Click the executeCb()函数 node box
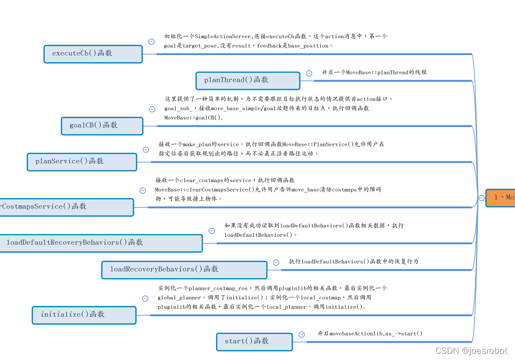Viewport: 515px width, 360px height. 93,54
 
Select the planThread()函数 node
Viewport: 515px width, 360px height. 248,80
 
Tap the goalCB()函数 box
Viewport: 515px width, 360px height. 102,126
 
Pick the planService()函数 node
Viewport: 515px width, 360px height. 82,161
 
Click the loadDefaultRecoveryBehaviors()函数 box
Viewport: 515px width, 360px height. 100,243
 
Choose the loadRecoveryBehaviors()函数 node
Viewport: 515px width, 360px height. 184,270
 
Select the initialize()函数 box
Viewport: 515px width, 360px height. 84,315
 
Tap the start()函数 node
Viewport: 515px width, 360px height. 254,342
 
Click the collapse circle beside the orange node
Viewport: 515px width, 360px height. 482,198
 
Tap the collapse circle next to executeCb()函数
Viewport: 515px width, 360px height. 151,41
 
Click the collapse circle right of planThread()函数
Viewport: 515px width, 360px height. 309,73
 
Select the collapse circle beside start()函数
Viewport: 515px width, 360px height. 302,335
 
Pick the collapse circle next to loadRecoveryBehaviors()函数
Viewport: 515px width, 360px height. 276,263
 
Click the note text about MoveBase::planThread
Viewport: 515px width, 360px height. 374,72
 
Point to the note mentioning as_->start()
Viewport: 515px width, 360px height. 370,334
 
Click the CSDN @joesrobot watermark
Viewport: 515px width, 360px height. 471,351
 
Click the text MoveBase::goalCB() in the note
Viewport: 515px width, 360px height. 193,117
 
